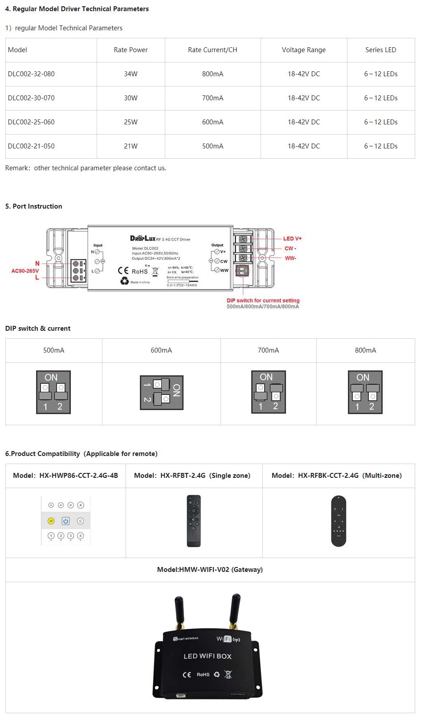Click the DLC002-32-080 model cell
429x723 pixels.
click(31, 74)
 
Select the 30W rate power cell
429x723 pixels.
click(131, 98)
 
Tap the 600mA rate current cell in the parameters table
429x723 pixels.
click(212, 122)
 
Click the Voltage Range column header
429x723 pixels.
click(303, 50)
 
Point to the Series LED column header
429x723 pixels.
click(380, 50)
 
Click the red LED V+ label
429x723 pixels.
click(292, 238)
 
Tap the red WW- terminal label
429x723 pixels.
click(290, 258)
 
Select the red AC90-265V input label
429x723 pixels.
click(25, 271)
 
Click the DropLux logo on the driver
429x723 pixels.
click(143, 238)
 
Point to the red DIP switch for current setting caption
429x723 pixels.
click(263, 300)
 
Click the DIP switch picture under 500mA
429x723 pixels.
click(53, 392)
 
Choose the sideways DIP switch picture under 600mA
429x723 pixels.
click(161, 392)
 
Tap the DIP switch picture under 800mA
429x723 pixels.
click(365, 392)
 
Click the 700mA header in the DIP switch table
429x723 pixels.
click(268, 350)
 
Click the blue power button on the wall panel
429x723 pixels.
click(66, 521)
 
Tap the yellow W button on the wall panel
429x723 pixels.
click(51, 521)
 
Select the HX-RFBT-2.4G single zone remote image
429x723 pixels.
click(194, 521)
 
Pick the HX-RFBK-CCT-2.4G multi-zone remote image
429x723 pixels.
click(339, 521)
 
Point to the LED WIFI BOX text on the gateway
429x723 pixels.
click(208, 656)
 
